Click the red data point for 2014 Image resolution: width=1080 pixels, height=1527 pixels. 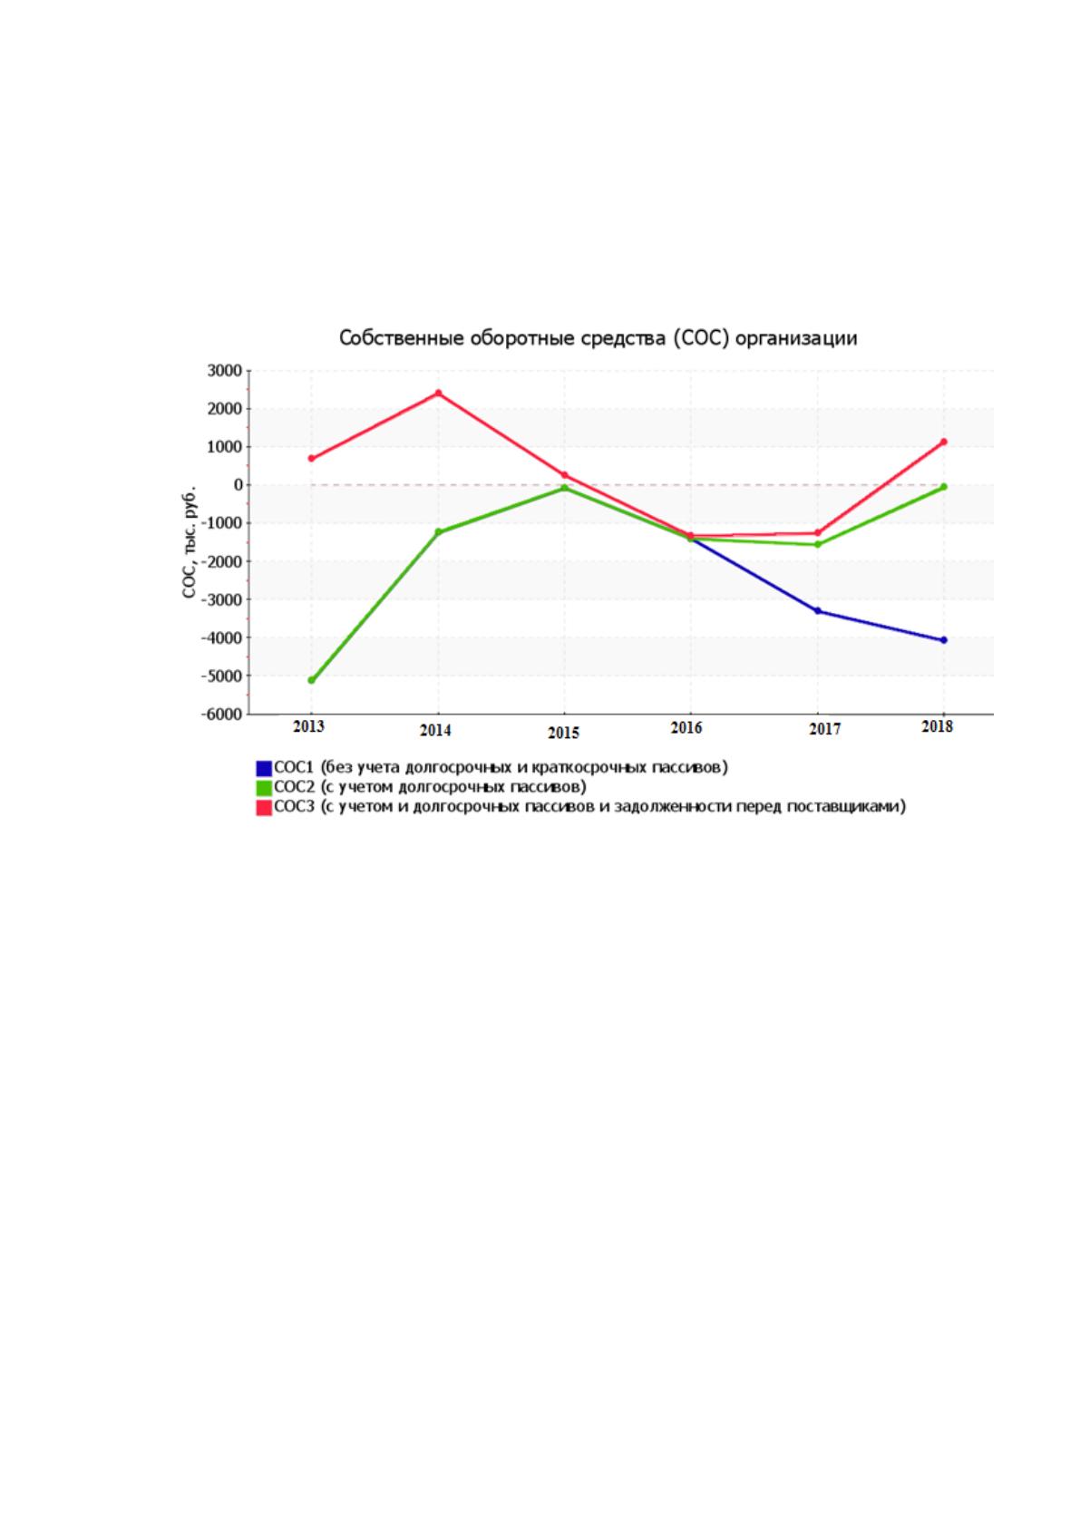click(x=438, y=394)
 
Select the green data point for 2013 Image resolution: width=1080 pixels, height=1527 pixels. click(x=312, y=680)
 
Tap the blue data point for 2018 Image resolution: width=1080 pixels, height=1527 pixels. click(x=944, y=640)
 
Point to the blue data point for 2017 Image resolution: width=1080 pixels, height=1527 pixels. click(x=818, y=611)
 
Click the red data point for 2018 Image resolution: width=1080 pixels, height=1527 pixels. click(x=944, y=442)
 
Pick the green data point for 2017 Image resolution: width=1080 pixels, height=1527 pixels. click(x=818, y=544)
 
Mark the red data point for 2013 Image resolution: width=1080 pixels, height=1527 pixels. click(x=312, y=458)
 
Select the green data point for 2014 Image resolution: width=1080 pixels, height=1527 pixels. click(x=438, y=531)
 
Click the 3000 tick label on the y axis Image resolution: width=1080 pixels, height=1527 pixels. click(x=224, y=371)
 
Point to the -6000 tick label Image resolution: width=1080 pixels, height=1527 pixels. click(x=221, y=715)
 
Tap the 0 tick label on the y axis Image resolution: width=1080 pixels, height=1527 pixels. click(x=238, y=485)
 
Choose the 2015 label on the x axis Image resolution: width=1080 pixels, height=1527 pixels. click(x=563, y=733)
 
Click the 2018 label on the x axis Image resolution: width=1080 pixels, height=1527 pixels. click(x=937, y=726)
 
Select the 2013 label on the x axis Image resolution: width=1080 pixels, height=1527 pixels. click(x=309, y=726)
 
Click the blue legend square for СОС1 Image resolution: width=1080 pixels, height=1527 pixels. click(x=264, y=768)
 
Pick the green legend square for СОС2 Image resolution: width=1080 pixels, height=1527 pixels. click(x=264, y=788)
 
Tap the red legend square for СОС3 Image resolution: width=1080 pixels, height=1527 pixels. click(x=264, y=808)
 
